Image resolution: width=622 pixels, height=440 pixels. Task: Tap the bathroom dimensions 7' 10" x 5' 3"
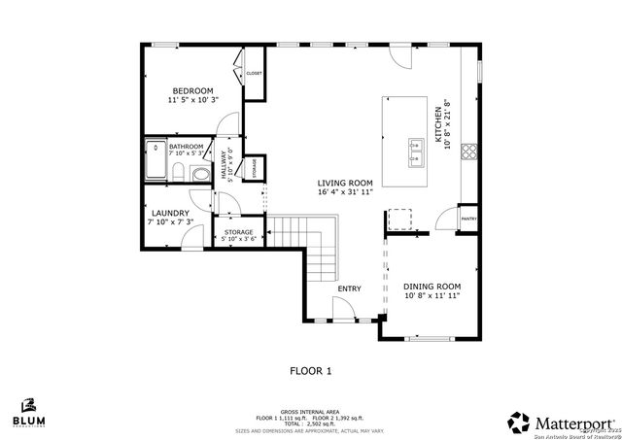pos(187,153)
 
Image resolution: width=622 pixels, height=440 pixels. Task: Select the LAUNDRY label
pos(170,213)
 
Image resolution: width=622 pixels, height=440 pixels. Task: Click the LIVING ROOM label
pos(345,183)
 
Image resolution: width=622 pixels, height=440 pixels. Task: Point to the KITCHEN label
pos(438,126)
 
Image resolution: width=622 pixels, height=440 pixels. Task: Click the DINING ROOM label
pos(432,287)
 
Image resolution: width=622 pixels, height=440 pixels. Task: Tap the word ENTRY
pos(349,288)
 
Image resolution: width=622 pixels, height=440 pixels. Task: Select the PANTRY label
pos(468,220)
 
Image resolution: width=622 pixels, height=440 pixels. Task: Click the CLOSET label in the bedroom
pos(254,74)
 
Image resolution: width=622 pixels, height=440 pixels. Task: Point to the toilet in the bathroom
pos(180,173)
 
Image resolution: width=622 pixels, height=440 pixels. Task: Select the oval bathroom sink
pos(200,175)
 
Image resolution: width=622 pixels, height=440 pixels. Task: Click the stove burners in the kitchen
pos(469,151)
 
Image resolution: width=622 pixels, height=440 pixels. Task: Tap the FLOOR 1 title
pos(311,370)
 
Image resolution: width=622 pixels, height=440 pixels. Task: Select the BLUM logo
pos(28,414)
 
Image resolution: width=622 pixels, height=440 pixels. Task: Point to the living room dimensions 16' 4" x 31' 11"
pos(345,192)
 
